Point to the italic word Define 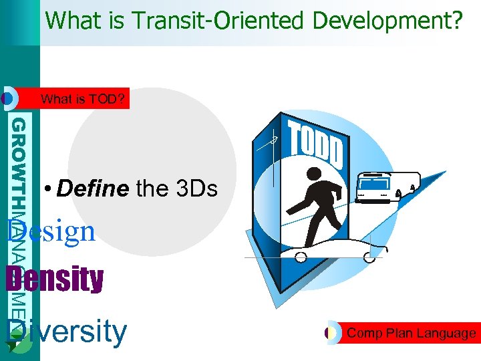point(93,189)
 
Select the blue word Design point(51,232)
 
